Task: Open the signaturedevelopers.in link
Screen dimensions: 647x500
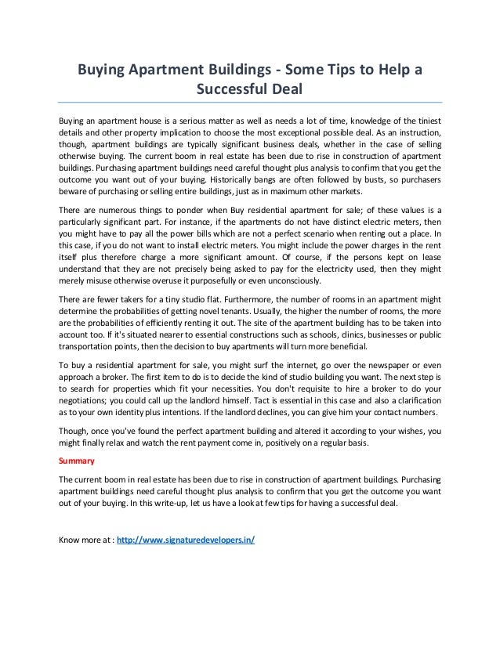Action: pyautogui.click(x=185, y=541)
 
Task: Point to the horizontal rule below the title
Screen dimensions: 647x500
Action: pyautogui.click(x=250, y=102)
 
